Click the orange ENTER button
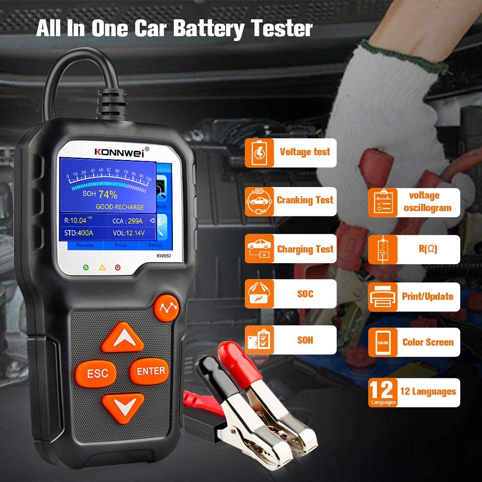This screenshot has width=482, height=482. tap(150, 371)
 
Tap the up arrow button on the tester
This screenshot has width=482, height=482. tap(122, 337)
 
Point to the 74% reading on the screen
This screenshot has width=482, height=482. tap(108, 194)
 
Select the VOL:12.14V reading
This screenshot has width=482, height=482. tap(129, 234)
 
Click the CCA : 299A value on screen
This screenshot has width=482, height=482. tap(128, 220)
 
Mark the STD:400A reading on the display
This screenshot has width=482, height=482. tap(79, 234)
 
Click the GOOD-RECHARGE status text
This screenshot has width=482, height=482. tap(120, 207)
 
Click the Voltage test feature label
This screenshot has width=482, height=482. tap(305, 152)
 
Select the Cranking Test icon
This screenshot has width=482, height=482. tap(259, 201)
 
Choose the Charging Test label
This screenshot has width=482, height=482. tap(305, 249)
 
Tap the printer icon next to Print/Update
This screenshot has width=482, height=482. tap(383, 297)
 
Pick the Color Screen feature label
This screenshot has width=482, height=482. tap(428, 342)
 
